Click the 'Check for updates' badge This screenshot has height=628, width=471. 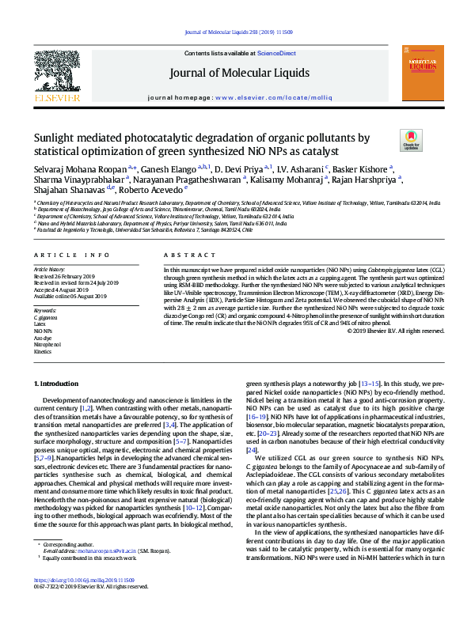[412, 141]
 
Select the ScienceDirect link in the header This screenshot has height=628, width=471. [277, 53]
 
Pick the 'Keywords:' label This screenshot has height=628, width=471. [45, 311]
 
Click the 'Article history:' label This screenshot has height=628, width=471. [49, 270]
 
